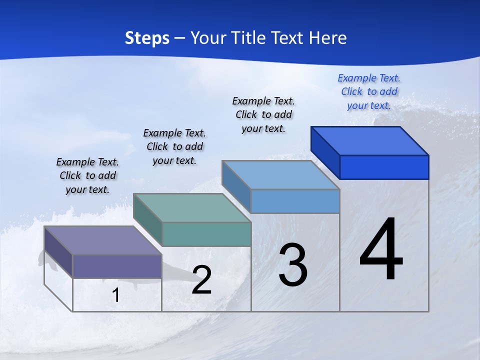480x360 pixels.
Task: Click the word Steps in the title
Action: click(147, 38)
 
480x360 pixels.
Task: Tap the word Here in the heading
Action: click(328, 38)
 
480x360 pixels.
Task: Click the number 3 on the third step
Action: click(292, 265)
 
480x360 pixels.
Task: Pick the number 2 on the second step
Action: click(201, 280)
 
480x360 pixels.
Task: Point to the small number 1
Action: click(116, 295)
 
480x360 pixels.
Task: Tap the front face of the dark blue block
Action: click(384, 167)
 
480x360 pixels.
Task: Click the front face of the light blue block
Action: click(295, 201)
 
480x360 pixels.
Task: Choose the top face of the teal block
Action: click(192, 208)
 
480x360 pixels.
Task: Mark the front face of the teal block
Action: click(206, 234)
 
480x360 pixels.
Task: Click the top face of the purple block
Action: click(103, 240)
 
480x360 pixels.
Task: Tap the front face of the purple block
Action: click(117, 266)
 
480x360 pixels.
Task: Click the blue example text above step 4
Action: click(369, 91)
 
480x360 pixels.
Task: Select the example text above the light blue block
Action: click(263, 114)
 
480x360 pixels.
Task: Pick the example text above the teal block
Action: click(174, 146)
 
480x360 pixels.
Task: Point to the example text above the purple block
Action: click(87, 175)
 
